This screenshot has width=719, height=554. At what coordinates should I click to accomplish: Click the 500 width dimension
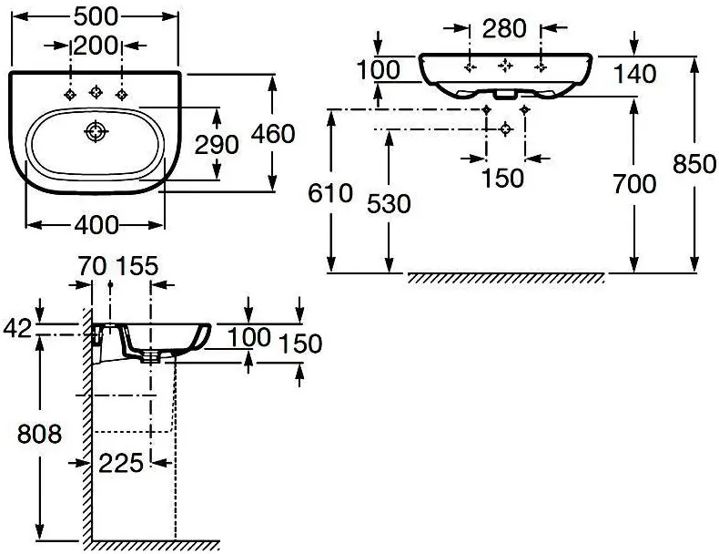pos(96,17)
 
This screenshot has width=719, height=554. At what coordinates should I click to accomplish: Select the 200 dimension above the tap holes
pos(96,46)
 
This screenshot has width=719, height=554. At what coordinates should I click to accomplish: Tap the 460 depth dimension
pos(273,134)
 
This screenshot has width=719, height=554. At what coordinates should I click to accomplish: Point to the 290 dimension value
pos(217,145)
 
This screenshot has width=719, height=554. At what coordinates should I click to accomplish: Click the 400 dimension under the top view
pos(96,225)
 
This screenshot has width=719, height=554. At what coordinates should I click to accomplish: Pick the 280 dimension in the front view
pos(504,28)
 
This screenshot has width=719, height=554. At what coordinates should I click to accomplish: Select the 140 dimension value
pos(634,74)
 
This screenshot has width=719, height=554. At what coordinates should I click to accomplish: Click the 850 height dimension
pos(694,164)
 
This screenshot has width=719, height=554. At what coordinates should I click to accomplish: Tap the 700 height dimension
pos(634,184)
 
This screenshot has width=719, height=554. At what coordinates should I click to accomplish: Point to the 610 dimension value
pos(330,193)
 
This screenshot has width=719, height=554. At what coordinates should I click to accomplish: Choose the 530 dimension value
pos(389,204)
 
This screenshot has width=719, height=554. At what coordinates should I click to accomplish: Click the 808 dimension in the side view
pos(39,434)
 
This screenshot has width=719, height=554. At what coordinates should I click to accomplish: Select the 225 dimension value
pos(121,463)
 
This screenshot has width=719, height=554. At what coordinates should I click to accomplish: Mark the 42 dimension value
pos(18,329)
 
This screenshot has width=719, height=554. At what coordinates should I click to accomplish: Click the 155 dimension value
pos(137,266)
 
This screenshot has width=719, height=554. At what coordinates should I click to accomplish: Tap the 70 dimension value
pos(92,266)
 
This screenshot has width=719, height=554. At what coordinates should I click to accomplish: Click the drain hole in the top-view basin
pos(96,132)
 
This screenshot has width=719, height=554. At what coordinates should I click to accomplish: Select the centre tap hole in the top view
pos(96,92)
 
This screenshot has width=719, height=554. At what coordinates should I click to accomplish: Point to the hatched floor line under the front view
pos(506,278)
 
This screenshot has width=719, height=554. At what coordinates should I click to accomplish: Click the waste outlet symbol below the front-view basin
pos(505,129)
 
